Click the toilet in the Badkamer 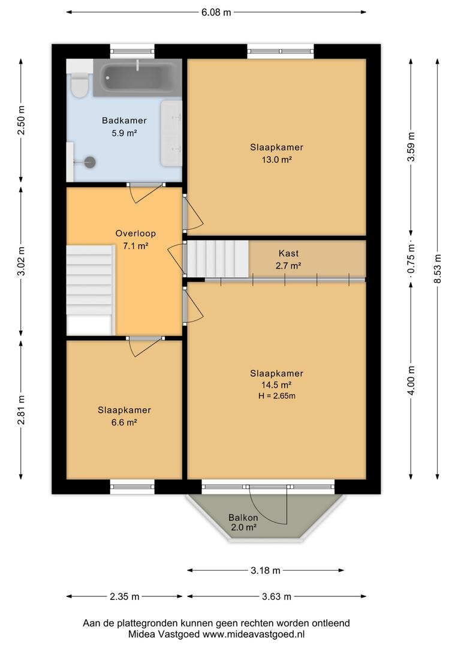point(79,85)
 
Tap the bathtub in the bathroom point(137,77)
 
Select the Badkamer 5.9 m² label point(124,127)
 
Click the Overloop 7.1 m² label point(135,239)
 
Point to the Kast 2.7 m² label point(288,260)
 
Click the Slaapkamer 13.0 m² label point(277,154)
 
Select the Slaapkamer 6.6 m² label point(124,416)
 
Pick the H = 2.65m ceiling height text point(277,396)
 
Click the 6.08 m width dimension point(216,13)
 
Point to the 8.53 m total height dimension point(438,269)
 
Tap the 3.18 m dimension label point(266,571)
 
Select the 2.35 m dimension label point(124,597)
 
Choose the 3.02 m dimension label point(22,261)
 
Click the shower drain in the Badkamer point(90,162)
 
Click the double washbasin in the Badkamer point(171,133)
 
